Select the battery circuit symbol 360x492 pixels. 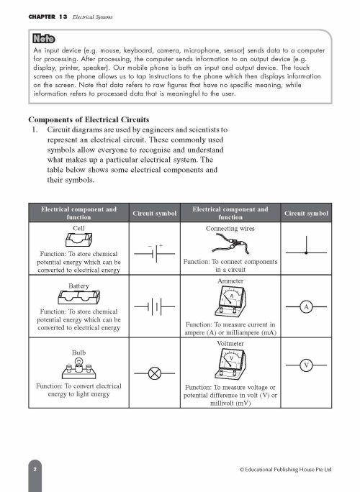click(x=156, y=308)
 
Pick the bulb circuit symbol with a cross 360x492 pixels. click(x=156, y=373)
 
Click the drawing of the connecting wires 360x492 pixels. click(x=230, y=245)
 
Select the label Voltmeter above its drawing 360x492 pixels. click(x=230, y=345)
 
